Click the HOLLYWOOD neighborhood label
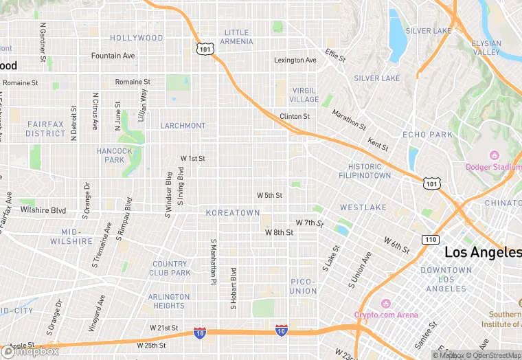(137, 38)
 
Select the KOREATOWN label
(233, 213)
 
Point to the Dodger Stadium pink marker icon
(492, 155)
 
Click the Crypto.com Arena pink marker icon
(386, 304)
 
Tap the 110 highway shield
(431, 238)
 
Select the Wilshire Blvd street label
(43, 210)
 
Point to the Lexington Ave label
(295, 60)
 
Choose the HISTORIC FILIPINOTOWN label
(365, 171)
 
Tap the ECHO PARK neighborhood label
(428, 135)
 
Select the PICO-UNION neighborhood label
(303, 286)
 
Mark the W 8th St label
(280, 233)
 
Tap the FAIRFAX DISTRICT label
(45, 128)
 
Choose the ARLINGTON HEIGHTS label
(168, 302)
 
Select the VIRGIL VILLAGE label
(304, 95)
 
